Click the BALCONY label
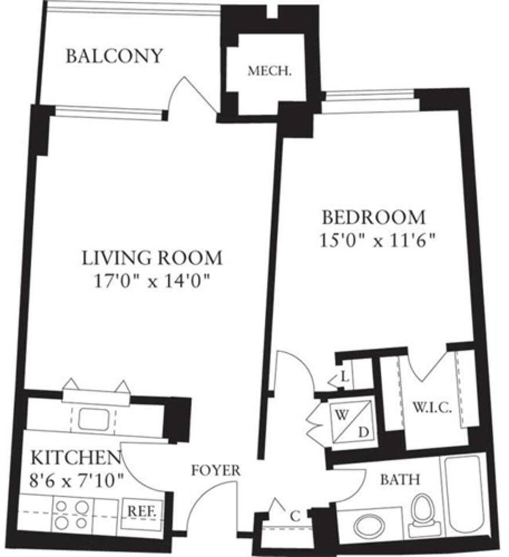(x=114, y=56)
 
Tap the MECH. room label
(x=269, y=71)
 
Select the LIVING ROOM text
(x=151, y=257)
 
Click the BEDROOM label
(x=374, y=218)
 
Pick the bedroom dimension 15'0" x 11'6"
(x=377, y=240)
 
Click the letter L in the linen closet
(x=344, y=378)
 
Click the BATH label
(x=400, y=480)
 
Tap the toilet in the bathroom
(x=423, y=514)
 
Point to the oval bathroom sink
(x=369, y=526)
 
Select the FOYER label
(x=215, y=471)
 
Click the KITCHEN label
(x=75, y=457)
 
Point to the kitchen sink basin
(x=93, y=419)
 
